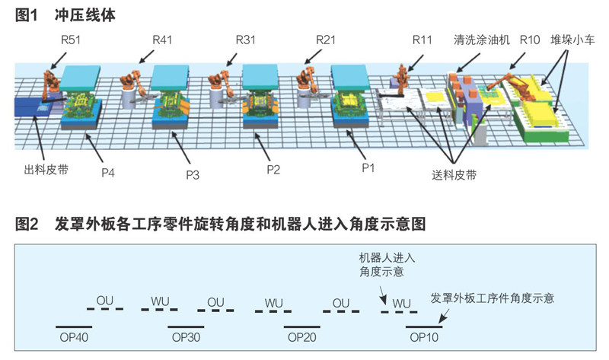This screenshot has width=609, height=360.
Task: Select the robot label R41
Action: tap(164, 37)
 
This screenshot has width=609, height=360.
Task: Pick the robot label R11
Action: tap(424, 37)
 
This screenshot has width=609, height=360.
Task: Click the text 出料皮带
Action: tap(41, 170)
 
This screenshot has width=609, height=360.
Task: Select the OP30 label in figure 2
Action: tap(186, 336)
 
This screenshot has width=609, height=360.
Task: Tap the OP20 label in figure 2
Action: tap(302, 336)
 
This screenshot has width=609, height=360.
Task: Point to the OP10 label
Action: tap(423, 336)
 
